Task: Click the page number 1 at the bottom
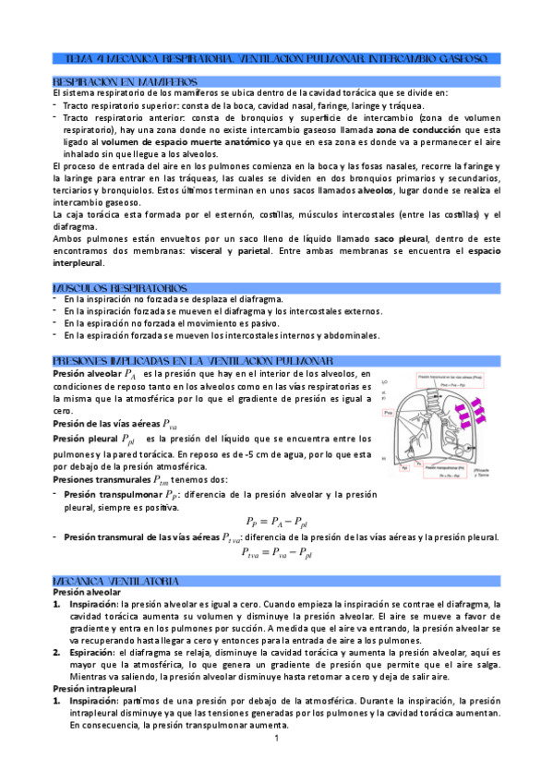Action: (276, 738)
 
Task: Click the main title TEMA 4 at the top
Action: (276, 58)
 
